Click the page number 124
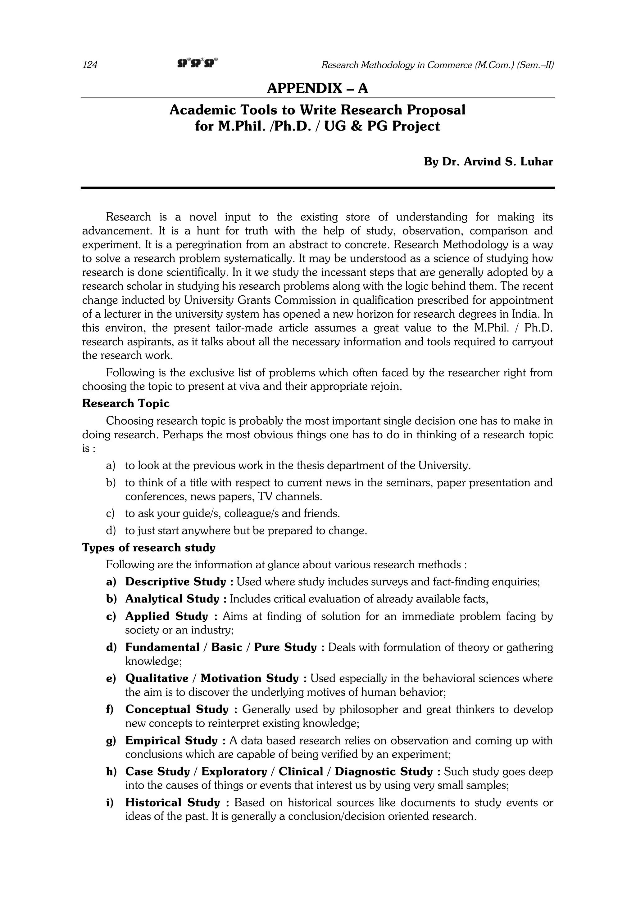[90, 65]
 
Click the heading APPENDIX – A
[317, 88]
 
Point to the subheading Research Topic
[126, 404]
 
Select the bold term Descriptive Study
[175, 582]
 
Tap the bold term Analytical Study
[172, 599]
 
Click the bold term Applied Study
[166, 616]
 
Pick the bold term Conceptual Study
[176, 709]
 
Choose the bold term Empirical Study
[171, 741]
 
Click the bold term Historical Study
[172, 803]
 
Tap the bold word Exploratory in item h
[234, 772]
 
